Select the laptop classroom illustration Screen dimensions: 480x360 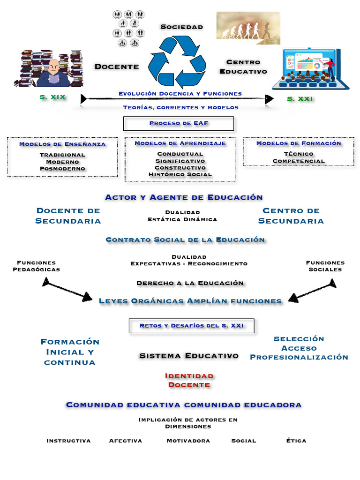point(310,69)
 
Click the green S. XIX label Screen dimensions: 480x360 point(52,98)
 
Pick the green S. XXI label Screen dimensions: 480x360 point(300,99)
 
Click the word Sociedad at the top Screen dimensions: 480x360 point(181,27)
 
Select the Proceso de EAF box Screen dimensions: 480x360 point(179,124)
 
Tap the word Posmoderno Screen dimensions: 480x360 point(62,168)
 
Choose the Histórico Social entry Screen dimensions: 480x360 point(180,174)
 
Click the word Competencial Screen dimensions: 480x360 point(299,161)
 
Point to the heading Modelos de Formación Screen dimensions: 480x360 point(299,143)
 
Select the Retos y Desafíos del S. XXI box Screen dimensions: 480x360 point(192,326)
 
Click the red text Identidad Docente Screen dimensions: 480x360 point(189,380)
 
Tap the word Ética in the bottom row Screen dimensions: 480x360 point(296,441)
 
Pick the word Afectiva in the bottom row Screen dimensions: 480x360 point(125,441)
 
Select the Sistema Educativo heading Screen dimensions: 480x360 point(188,356)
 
